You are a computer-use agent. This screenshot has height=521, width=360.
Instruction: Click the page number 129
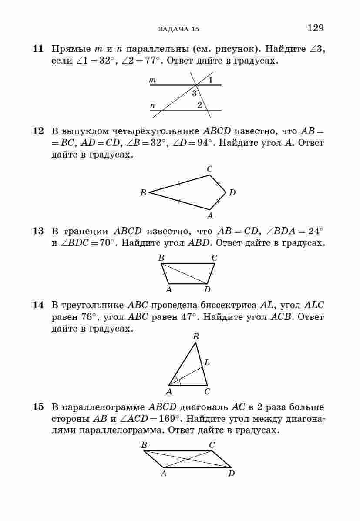click(x=316, y=28)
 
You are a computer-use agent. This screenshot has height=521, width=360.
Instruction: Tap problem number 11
click(x=38, y=49)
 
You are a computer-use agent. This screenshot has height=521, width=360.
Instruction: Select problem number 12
click(x=38, y=131)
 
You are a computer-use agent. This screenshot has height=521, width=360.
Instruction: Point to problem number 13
click(x=38, y=231)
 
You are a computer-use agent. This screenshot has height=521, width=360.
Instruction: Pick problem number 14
click(x=38, y=305)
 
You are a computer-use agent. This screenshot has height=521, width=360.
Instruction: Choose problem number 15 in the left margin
click(x=38, y=407)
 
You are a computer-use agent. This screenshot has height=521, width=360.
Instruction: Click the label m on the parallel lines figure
click(x=152, y=80)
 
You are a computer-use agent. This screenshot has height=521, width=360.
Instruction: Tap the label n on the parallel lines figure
click(x=152, y=106)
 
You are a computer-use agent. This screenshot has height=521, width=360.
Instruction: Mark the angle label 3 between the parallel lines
click(x=194, y=93)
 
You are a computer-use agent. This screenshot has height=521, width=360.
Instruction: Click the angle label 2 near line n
click(x=199, y=105)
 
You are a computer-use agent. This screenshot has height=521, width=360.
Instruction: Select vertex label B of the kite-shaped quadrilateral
click(x=143, y=192)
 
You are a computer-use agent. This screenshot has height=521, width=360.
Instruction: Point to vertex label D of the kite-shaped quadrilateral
click(x=232, y=192)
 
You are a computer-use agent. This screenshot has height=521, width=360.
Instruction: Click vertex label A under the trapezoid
click(x=169, y=289)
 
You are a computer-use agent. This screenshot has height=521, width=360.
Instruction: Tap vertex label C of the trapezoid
click(x=214, y=258)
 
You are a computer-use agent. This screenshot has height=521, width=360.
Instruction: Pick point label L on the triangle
click(x=207, y=362)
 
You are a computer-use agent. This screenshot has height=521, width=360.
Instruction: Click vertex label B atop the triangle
click(x=195, y=336)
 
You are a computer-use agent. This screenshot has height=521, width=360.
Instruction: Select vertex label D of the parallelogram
click(x=231, y=474)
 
